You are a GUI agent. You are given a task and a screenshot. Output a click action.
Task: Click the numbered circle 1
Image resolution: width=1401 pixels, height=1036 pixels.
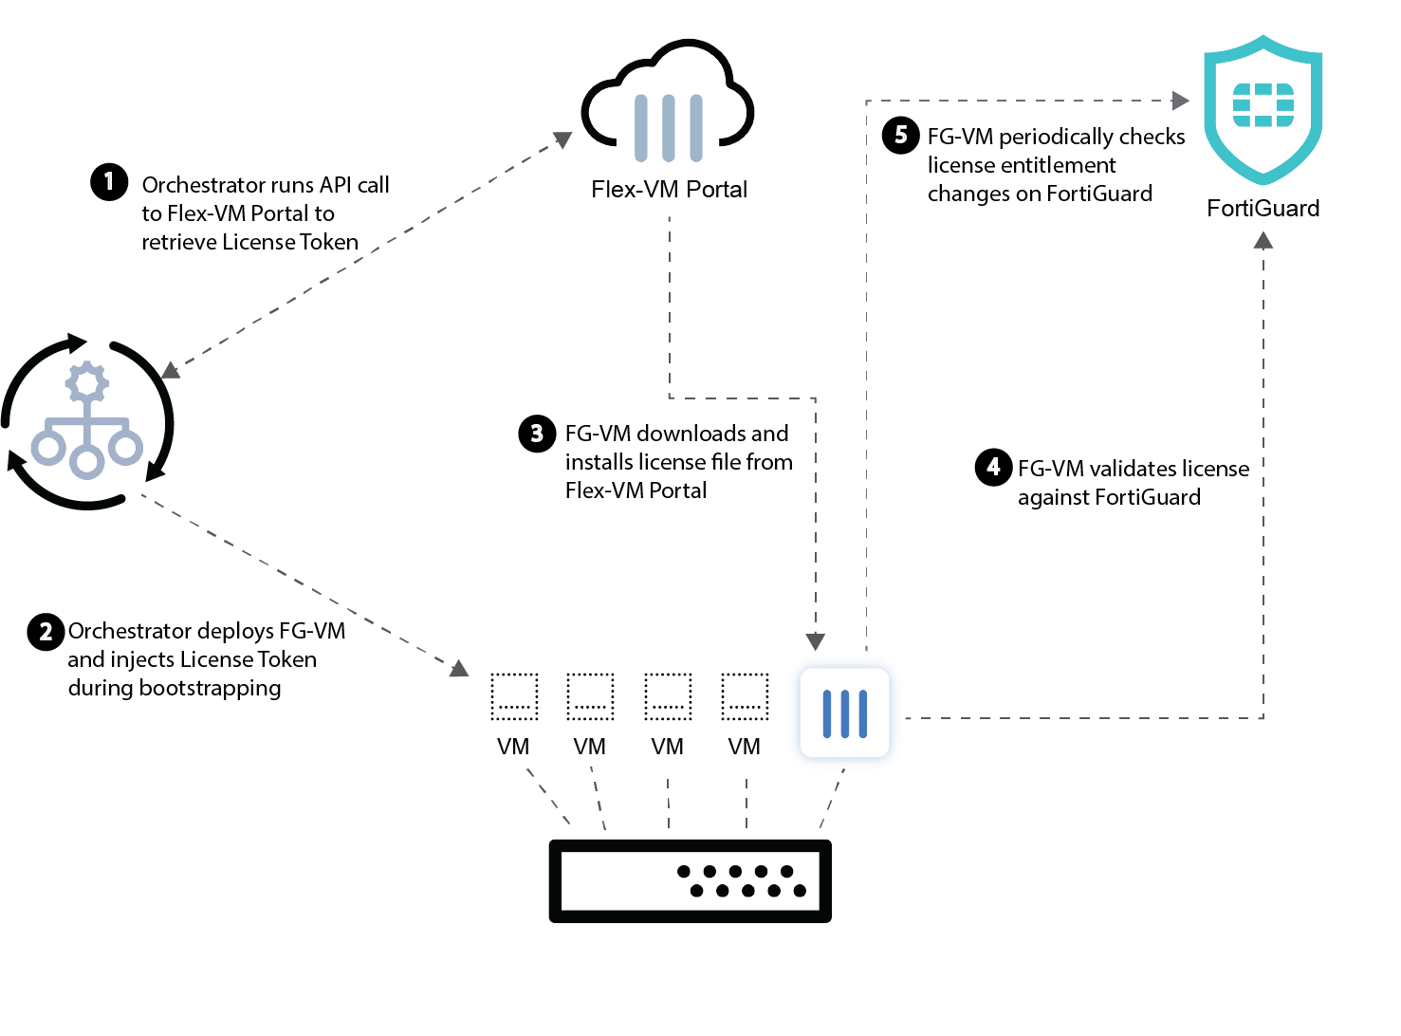coord(109,181)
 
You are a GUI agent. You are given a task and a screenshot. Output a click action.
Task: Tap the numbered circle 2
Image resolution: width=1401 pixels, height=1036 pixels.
coord(46,631)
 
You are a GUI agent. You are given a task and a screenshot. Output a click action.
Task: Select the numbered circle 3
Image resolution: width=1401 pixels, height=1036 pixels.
coord(537,434)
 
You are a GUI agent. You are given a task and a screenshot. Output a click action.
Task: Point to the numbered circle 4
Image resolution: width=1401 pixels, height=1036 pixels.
coord(993,467)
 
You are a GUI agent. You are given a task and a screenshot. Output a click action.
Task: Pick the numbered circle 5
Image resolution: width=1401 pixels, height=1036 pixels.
coord(900,135)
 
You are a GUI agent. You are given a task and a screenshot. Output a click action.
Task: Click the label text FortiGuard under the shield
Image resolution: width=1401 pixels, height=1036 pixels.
coord(1263,209)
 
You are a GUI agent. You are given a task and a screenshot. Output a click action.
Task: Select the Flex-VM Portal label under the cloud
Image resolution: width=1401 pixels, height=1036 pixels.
coord(669,190)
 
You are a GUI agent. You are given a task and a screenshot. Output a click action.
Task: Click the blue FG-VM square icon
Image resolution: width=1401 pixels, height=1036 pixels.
coord(844,713)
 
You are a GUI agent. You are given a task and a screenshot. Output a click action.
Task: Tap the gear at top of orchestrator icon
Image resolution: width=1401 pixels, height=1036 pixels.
coord(86,382)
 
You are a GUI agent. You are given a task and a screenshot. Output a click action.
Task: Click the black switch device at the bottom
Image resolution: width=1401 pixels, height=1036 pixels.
coord(690,880)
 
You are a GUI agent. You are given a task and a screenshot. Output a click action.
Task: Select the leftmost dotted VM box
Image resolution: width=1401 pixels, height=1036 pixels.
coord(514,696)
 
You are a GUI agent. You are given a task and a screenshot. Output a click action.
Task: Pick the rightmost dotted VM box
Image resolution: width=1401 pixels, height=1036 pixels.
coord(745,696)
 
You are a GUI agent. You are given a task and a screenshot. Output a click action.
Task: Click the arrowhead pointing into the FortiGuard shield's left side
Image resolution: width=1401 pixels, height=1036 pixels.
coord(1181,101)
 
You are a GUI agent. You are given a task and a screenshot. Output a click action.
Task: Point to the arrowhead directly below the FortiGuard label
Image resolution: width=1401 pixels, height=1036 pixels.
coord(1263,241)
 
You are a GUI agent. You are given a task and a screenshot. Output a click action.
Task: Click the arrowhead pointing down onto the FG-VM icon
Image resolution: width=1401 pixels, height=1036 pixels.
coord(816,641)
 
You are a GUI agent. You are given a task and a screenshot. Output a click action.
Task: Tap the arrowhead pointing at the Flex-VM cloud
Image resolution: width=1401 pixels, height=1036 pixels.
coord(563,139)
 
